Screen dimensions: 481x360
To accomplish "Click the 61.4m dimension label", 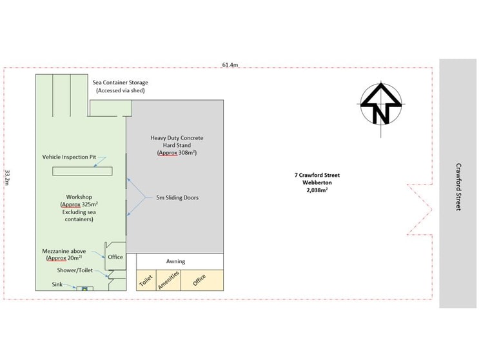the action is pyautogui.click(x=230, y=65).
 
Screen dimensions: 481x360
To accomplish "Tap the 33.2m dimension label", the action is pyautogui.click(x=7, y=177).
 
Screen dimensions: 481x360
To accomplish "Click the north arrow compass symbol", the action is pyautogui.click(x=380, y=105).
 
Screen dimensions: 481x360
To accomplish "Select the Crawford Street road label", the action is pyautogui.click(x=458, y=186).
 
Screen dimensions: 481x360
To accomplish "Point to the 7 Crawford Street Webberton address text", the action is pyautogui.click(x=317, y=179).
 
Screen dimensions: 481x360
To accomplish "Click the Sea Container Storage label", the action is pyautogui.click(x=120, y=86).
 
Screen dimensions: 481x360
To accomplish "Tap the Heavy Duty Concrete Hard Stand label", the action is pyautogui.click(x=177, y=145).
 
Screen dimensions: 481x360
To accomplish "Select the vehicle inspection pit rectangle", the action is pyautogui.click(x=83, y=171).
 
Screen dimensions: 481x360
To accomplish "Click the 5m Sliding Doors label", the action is pyautogui.click(x=177, y=197).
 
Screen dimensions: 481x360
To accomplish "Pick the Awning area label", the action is pyautogui.click(x=176, y=261).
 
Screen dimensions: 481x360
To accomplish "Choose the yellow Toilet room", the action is pyautogui.click(x=146, y=280).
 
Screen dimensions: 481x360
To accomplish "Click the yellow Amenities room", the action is pyautogui.click(x=169, y=280).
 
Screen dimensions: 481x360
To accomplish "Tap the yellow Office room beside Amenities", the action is pyautogui.click(x=202, y=280).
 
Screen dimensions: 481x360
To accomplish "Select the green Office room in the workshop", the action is pyautogui.click(x=115, y=256).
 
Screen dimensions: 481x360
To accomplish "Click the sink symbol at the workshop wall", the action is pyautogui.click(x=84, y=288).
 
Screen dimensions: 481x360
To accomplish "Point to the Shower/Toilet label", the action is pyautogui.click(x=75, y=270).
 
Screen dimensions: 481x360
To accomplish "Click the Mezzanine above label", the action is pyautogui.click(x=64, y=254).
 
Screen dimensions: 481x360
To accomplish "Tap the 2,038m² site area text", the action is pyautogui.click(x=317, y=190).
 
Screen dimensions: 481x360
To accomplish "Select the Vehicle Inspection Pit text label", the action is pyautogui.click(x=69, y=157).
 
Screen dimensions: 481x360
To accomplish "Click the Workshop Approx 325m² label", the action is pyautogui.click(x=79, y=208).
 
